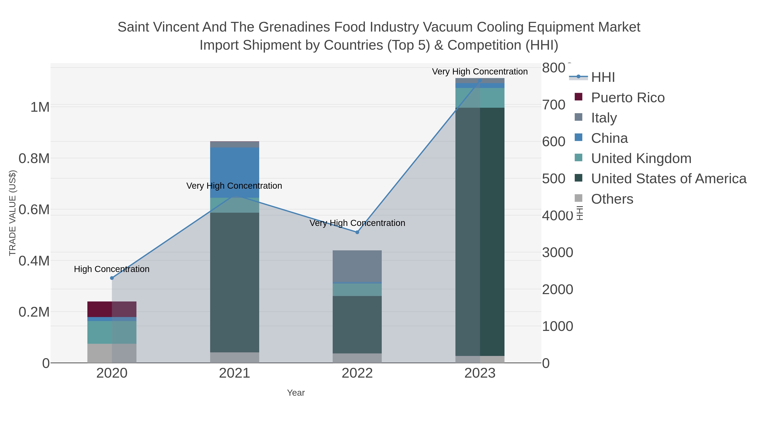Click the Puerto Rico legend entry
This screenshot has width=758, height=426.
tap(628, 98)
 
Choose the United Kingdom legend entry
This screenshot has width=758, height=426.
tap(641, 158)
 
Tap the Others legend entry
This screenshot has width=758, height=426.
tap(612, 199)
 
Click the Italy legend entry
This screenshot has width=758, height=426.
tap(604, 118)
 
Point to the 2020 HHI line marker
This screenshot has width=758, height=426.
tap(112, 278)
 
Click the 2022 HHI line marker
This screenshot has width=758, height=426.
tap(357, 232)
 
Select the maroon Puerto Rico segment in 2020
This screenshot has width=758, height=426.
tap(100, 309)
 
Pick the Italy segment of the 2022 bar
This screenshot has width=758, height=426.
tap(357, 266)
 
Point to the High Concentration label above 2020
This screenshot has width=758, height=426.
tap(112, 269)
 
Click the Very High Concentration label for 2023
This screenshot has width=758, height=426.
tap(480, 72)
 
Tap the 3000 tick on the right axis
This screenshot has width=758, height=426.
tap(557, 252)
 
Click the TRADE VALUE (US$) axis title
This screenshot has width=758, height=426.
tap(12, 213)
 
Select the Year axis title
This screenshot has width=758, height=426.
tap(296, 393)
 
